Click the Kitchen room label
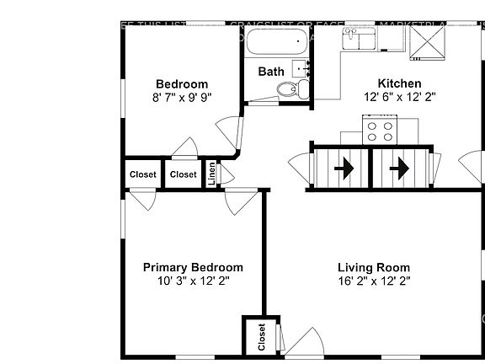point(399,83)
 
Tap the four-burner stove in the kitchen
point(379,131)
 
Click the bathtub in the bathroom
point(277,40)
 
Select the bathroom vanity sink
point(301,67)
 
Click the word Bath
point(271,72)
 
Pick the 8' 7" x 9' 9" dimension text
point(182,97)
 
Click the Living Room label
point(374,267)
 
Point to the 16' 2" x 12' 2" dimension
point(374,281)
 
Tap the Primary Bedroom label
point(193,267)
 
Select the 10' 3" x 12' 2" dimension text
point(193,281)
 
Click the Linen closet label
point(212,174)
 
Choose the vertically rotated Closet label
point(261,337)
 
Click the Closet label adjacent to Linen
point(183,174)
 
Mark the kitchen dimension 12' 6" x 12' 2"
point(399,97)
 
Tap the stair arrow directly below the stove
point(398,169)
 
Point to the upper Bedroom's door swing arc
point(227,135)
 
